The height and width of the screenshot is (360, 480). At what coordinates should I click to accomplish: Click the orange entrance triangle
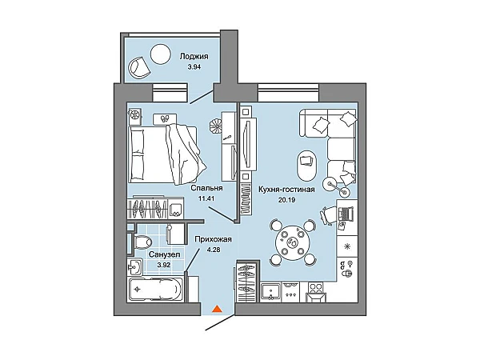click(217, 310)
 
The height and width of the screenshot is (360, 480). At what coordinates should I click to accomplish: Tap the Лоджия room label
click(194, 56)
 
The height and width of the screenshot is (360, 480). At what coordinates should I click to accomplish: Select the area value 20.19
click(286, 200)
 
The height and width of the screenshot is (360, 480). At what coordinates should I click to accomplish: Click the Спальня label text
click(206, 188)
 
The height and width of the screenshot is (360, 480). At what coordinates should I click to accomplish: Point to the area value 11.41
click(206, 198)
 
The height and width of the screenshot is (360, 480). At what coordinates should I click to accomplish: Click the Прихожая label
click(213, 239)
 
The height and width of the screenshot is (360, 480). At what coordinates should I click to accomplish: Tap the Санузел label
click(164, 254)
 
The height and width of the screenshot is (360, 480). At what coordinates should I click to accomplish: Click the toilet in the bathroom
click(142, 242)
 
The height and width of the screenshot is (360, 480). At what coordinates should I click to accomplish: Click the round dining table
click(292, 242)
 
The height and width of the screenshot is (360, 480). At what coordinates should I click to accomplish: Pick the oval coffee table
click(306, 165)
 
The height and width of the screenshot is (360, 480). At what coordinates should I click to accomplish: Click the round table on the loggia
click(160, 54)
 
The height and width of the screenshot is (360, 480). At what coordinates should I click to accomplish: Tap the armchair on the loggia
click(139, 66)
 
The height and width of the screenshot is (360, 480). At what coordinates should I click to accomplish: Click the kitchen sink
click(271, 291)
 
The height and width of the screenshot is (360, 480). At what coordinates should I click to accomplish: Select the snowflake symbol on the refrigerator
click(347, 246)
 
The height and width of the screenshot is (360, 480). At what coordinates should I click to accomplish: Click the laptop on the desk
click(346, 213)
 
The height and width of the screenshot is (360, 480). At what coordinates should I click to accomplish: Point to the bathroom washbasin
click(134, 266)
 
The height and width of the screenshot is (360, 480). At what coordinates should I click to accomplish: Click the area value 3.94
click(194, 67)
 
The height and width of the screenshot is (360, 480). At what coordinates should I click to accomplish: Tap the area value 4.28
click(214, 250)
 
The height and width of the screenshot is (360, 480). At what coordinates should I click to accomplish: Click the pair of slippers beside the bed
click(166, 118)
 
